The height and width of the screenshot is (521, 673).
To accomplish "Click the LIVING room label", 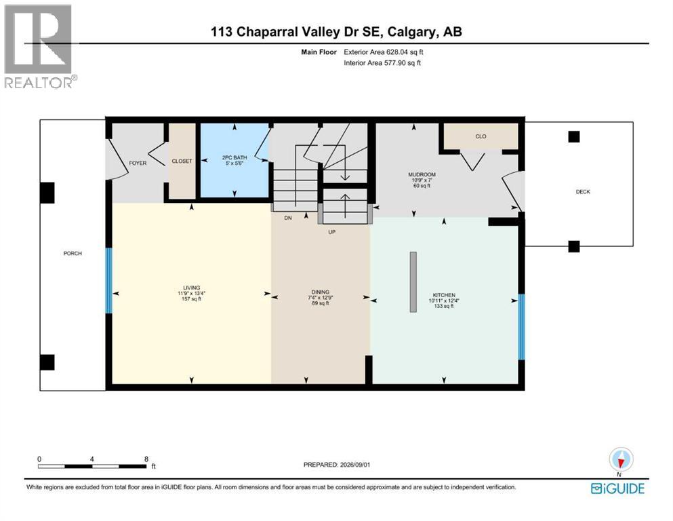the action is pos(191,288).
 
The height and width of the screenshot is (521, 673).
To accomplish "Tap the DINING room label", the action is pos(320,292).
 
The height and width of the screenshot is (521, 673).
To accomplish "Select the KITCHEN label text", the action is pos(444,295).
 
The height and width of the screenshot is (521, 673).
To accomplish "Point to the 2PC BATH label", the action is pos(234,157).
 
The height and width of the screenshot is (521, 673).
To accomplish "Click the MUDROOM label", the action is pos(422,174).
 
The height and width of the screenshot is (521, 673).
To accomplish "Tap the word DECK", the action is pos(583,191).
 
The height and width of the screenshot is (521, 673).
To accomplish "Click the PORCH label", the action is pos(73,254).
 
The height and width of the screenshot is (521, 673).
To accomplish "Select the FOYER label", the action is pos(138,163).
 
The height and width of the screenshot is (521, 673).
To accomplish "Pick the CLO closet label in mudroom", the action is pos(481,136).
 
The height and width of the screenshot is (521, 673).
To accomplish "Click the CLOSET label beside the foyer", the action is pos(182,161).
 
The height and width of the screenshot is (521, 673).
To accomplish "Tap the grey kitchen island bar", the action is pos(413,282).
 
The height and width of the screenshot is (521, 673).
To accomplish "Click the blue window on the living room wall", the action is pos(109,280).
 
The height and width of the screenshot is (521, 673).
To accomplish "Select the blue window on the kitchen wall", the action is pos(521,326).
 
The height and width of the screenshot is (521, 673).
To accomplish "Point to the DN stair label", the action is pos(288,218).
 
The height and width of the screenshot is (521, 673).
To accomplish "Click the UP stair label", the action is pos(332,232).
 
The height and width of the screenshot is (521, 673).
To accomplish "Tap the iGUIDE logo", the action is pos(617,488).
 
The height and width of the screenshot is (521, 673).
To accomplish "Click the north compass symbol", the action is pos(621,460).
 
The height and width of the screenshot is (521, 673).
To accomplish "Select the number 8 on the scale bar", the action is pos(146,459).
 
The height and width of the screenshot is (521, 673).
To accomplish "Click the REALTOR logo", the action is pos(41,46).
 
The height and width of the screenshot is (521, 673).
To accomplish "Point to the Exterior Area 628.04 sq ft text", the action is pos(384,52).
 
